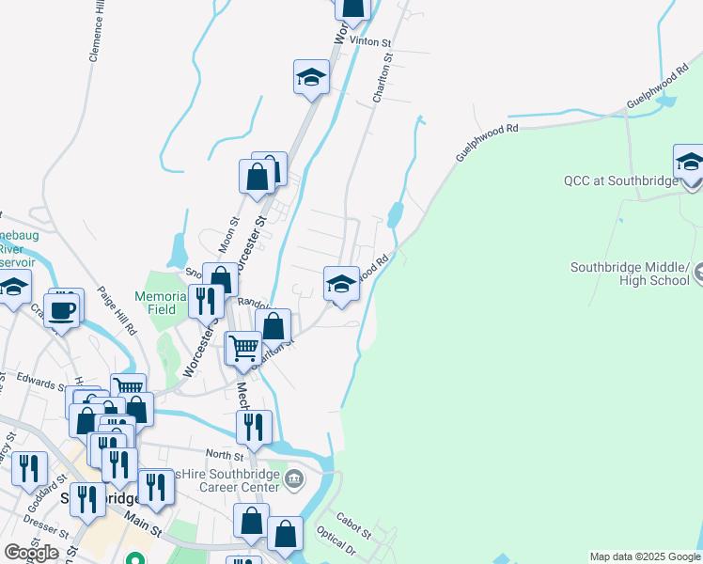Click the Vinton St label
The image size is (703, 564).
[369, 41]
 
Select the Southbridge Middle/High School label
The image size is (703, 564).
[634, 274]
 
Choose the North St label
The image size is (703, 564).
[224, 454]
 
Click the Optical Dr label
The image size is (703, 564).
[336, 544]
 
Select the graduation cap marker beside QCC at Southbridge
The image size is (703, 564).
[689, 162]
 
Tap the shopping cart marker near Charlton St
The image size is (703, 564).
[244, 349]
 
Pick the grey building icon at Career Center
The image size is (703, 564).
[295, 480]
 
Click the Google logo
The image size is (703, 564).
[31, 552]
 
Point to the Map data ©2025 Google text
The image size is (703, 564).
[644, 556]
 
